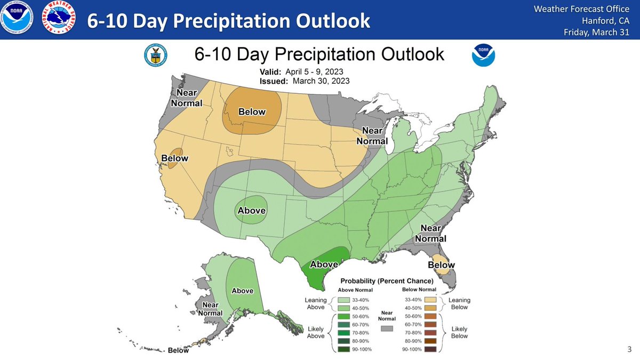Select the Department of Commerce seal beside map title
[156, 55]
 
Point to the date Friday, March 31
[597, 33]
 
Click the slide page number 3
[629, 350]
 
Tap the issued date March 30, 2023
[322, 81]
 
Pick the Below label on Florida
[442, 265]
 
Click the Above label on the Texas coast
[324, 264]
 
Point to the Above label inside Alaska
[242, 291]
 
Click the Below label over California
[175, 158]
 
